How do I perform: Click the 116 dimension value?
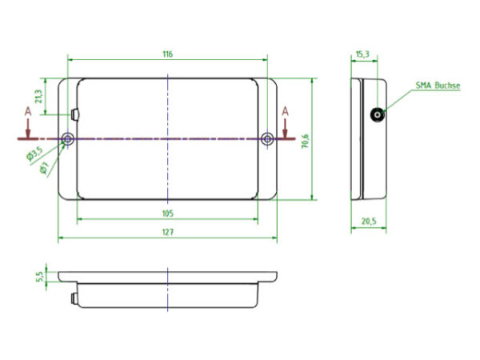(166, 54)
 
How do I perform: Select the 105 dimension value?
(166, 214)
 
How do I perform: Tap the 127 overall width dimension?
(166, 232)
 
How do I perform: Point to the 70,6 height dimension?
(304, 140)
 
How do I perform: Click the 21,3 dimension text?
(39, 96)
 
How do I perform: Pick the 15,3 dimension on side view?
(361, 54)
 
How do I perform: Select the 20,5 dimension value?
(368, 222)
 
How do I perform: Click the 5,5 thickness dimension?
(39, 276)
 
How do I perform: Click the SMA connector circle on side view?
(376, 115)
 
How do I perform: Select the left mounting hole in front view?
(67, 140)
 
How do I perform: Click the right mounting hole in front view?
(267, 140)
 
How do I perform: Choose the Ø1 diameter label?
(44, 168)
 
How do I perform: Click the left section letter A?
(28, 110)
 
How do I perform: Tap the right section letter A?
(285, 110)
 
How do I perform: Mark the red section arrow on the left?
(28, 128)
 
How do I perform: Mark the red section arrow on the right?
(285, 128)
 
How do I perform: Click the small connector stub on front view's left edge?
(74, 114)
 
